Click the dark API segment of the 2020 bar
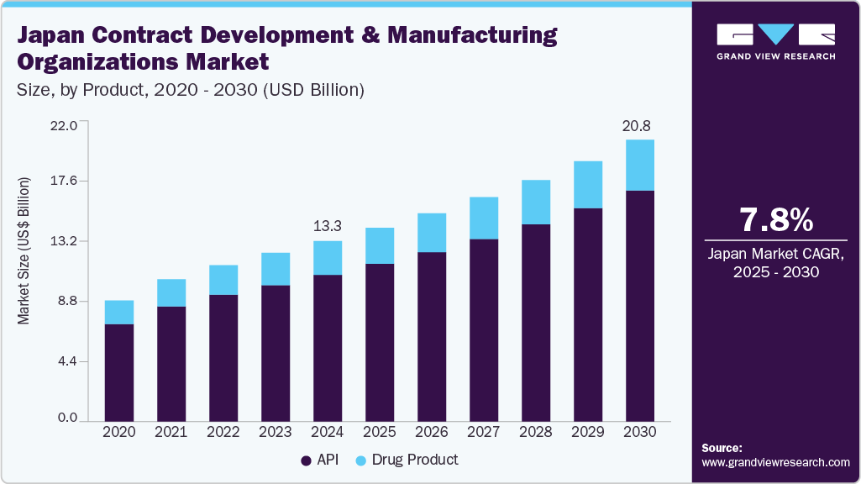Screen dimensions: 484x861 (119, 372)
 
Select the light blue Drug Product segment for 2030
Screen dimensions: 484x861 (640, 166)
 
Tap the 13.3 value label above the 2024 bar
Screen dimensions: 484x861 (327, 226)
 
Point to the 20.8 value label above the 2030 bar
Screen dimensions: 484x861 (636, 126)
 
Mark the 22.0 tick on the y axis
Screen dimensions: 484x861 (64, 125)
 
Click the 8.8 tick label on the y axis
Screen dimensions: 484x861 (66, 301)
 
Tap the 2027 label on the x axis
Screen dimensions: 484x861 (483, 432)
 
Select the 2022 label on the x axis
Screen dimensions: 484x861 (223, 432)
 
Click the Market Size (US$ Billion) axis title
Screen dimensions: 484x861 (24, 251)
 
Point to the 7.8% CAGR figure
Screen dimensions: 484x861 (775, 220)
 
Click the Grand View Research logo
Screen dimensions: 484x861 (775, 41)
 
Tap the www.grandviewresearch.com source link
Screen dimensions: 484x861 (775, 462)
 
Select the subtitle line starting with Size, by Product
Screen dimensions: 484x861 (191, 90)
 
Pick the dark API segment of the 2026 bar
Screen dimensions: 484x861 (432, 336)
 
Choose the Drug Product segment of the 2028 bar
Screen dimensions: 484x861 (536, 203)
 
